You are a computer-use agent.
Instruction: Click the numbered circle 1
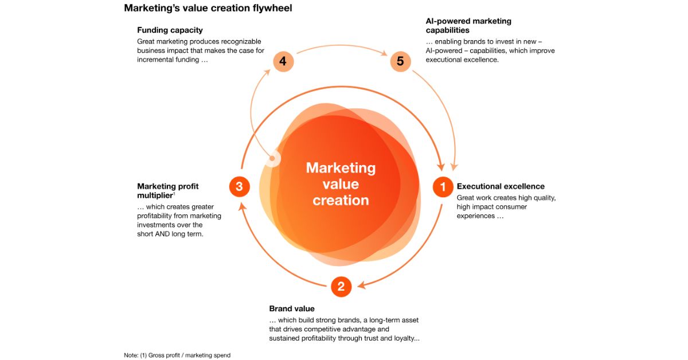click(x=443, y=186)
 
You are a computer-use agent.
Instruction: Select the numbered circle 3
click(x=239, y=186)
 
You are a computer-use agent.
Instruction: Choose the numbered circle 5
click(x=400, y=61)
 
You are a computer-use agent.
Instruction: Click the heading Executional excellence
click(x=501, y=186)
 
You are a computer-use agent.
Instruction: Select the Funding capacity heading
click(x=170, y=30)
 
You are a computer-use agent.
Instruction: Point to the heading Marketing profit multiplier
click(x=167, y=191)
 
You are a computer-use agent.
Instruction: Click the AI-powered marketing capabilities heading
click(x=468, y=25)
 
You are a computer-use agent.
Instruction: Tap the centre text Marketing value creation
click(x=341, y=184)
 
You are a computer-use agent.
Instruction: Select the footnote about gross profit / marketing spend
click(x=177, y=355)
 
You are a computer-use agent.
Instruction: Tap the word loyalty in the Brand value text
click(x=405, y=338)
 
